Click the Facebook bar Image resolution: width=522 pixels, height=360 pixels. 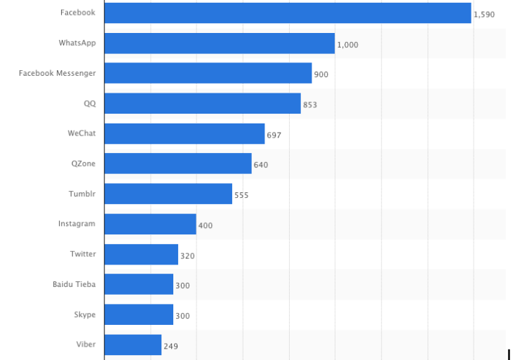[x=288, y=13]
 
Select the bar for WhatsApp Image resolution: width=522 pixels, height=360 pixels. [x=219, y=44]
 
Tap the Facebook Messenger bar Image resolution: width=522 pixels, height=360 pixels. [x=208, y=74]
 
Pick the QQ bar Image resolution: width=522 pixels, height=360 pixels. [x=202, y=104]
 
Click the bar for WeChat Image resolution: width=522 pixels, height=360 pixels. [x=185, y=134]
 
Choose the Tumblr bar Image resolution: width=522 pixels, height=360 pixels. [x=168, y=194]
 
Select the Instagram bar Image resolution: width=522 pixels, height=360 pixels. [x=150, y=225]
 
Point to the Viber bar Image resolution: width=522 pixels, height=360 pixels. [x=133, y=345]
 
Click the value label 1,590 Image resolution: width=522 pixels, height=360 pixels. [x=484, y=14]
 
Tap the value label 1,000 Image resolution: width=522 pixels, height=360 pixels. [x=347, y=45]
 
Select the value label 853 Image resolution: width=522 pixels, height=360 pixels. [x=310, y=105]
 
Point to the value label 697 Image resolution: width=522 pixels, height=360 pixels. [x=274, y=135]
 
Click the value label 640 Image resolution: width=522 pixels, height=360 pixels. [x=260, y=166]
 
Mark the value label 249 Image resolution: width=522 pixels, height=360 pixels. [x=170, y=346]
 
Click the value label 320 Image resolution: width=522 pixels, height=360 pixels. [x=187, y=256]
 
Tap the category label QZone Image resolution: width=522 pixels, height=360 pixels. [x=83, y=164]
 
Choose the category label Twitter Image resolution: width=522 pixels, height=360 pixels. [x=83, y=254]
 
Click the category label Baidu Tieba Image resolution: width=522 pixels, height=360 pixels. [x=74, y=284]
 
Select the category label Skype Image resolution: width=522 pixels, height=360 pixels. [x=85, y=314]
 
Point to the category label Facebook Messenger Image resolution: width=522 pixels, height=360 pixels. [x=58, y=73]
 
